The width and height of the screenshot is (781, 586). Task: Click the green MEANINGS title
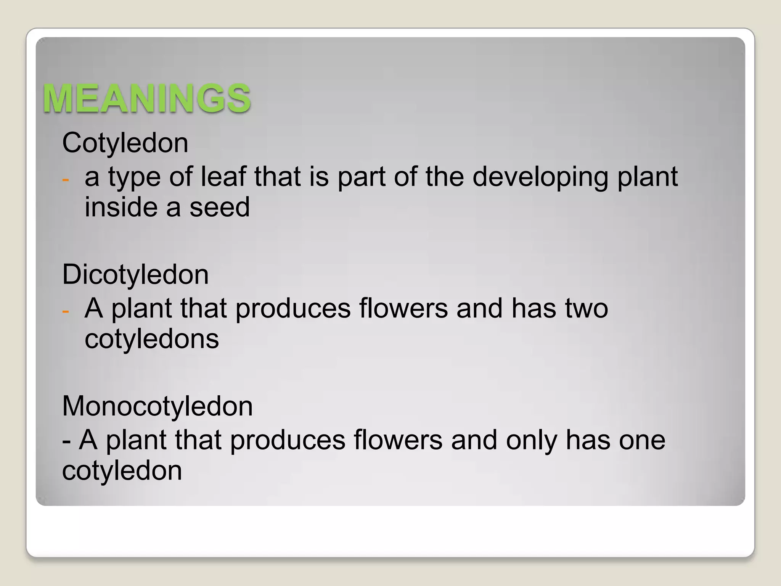[x=146, y=98]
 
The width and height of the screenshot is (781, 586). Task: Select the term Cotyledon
[x=125, y=143]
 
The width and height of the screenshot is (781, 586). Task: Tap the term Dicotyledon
[x=135, y=275]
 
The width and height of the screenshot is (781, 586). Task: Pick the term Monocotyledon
[x=157, y=406]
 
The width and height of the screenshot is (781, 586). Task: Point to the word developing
[x=540, y=177]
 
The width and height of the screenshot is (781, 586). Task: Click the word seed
[x=219, y=208]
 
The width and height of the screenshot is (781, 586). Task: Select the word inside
[x=121, y=208]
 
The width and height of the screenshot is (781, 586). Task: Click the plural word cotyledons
[x=152, y=339]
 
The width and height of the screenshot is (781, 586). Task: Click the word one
[x=642, y=441]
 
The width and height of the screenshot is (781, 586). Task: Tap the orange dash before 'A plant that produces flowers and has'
[x=66, y=311]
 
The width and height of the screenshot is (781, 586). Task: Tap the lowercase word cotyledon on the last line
[x=122, y=471]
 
